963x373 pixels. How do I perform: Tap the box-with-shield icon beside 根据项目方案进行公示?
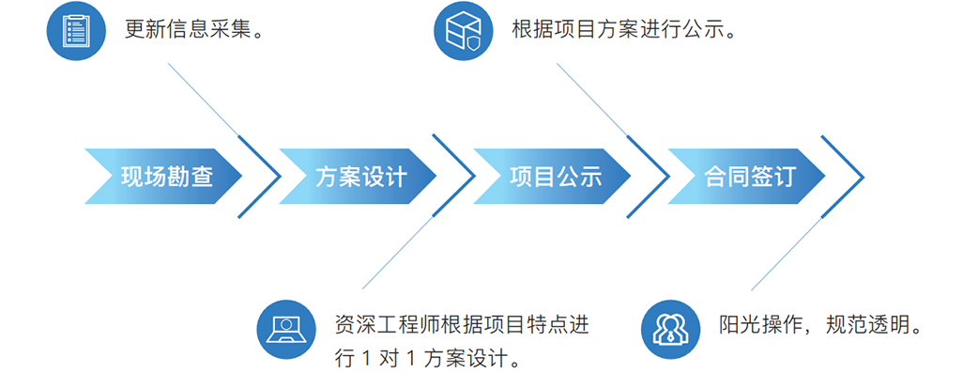pyautogui.click(x=463, y=30)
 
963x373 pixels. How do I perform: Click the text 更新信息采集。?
pyautogui.click(x=192, y=30)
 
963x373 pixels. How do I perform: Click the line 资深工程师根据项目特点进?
pyautogui.click(x=461, y=325)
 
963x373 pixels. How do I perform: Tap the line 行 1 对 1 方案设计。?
pyautogui.click(x=427, y=358)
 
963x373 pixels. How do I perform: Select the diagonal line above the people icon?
pyautogui.click(x=784, y=254)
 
